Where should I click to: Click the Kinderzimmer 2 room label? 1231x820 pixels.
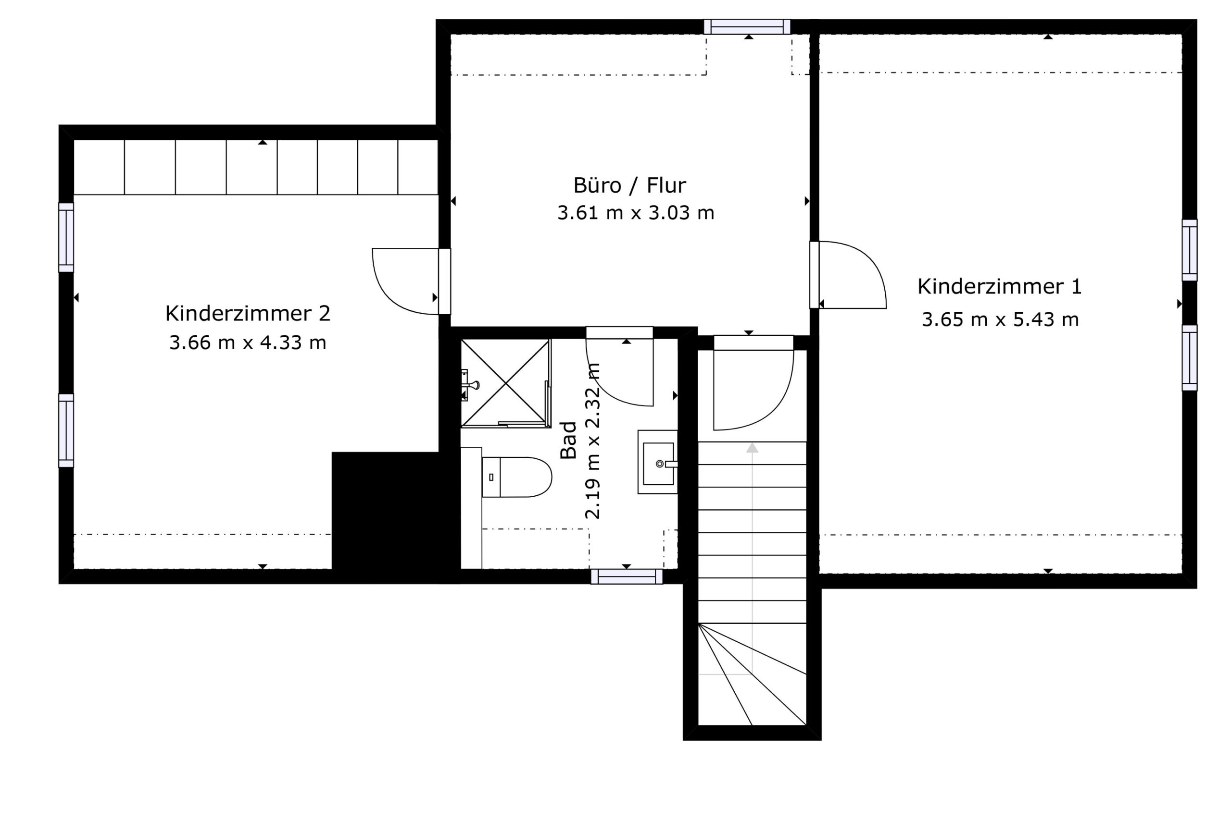(x=248, y=314)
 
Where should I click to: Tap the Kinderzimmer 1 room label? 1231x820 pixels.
(x=999, y=287)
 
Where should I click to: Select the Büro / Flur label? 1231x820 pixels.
(x=629, y=185)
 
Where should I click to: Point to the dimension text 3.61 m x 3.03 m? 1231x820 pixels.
(x=635, y=213)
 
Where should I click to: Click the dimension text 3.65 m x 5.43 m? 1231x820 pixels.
(x=1000, y=319)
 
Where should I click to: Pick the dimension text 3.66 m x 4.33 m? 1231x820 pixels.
(x=248, y=343)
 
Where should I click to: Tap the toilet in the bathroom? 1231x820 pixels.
(x=516, y=477)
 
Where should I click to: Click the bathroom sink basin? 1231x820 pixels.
(x=658, y=462)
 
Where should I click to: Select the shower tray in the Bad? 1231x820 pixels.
(x=505, y=383)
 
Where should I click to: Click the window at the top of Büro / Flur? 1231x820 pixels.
(x=747, y=27)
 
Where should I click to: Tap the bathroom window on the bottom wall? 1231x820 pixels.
(x=627, y=576)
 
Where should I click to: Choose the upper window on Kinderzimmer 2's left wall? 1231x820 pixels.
(x=66, y=237)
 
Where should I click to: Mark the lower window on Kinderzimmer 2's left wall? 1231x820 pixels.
(x=66, y=430)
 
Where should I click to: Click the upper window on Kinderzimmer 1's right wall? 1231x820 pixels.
(x=1190, y=250)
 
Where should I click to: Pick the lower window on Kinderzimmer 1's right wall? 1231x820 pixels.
(x=1190, y=358)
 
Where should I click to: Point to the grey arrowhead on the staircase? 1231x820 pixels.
(x=752, y=448)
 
